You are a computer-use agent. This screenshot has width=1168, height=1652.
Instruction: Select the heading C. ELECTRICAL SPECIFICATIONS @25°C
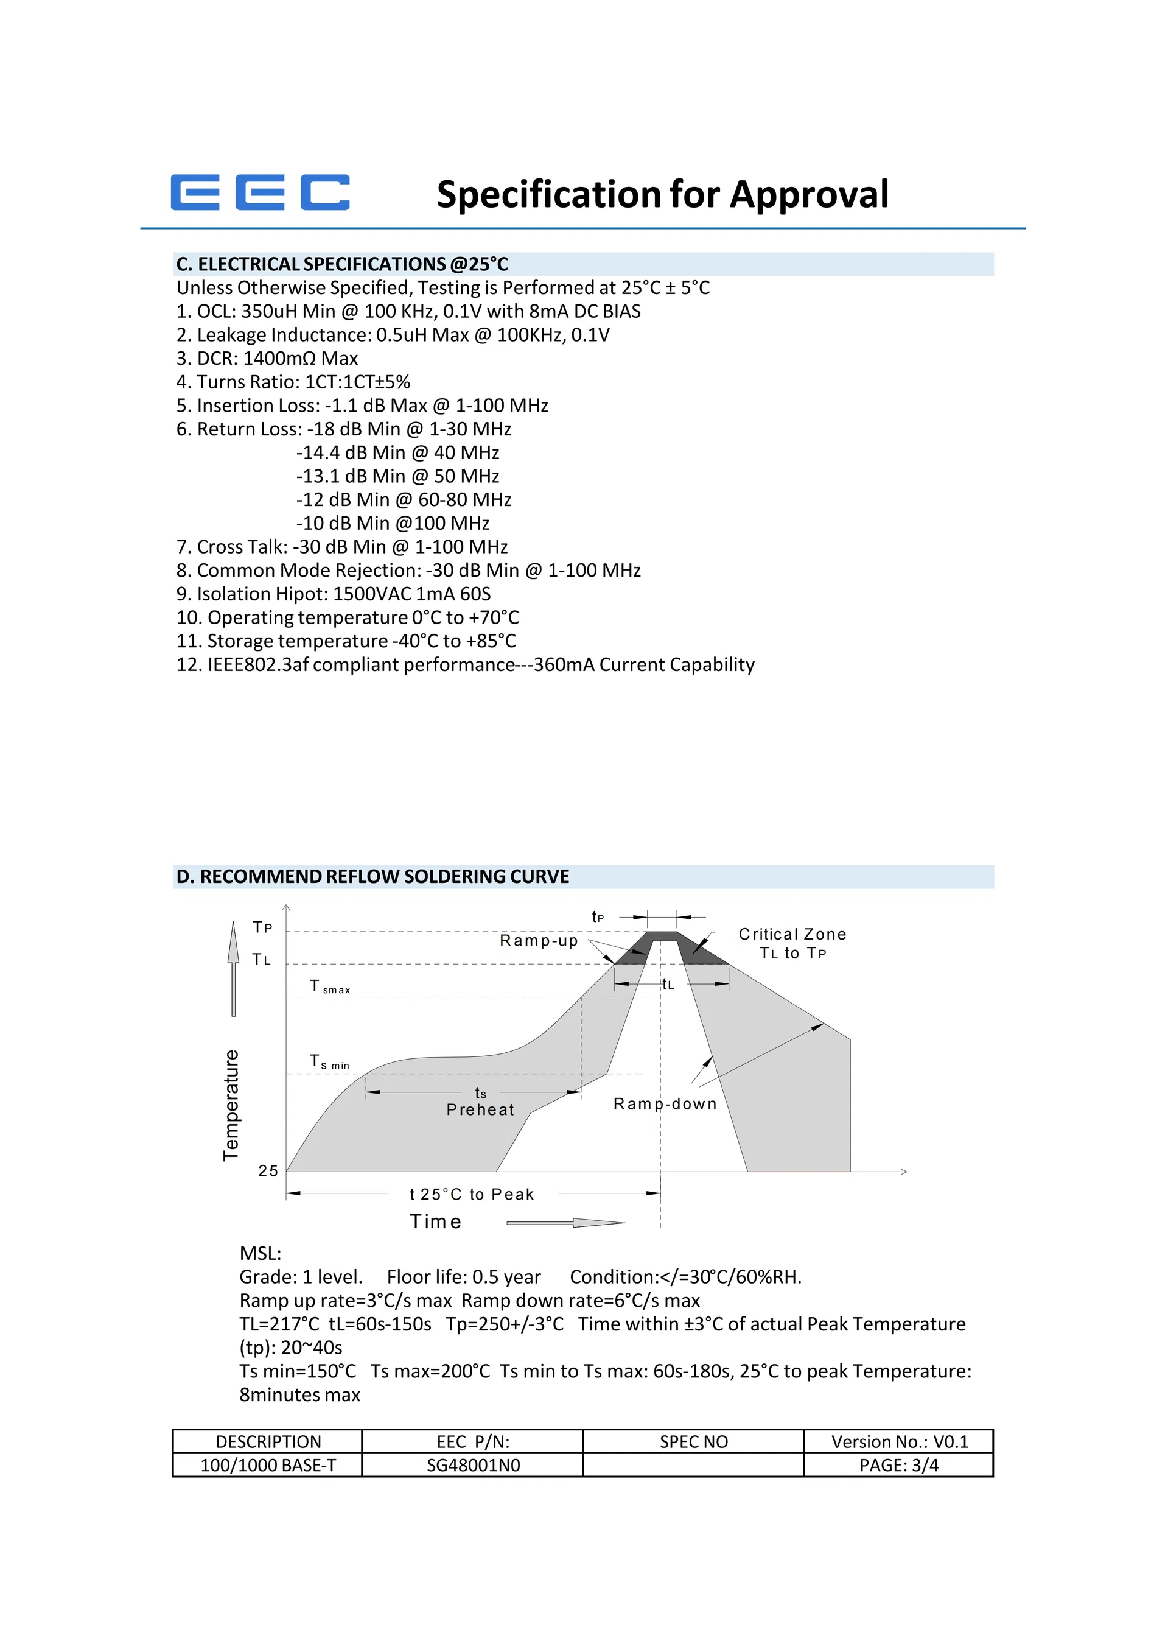coord(342,264)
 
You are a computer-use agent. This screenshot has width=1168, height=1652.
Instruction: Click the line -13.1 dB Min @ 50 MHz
coord(397,476)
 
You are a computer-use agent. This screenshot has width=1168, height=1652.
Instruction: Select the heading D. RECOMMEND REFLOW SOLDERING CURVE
coord(372,876)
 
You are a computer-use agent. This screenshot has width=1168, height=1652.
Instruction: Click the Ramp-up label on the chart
coord(539,940)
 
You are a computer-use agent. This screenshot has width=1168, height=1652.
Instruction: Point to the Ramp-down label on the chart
coord(665,1104)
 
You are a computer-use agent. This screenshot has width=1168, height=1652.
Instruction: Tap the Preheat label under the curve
coord(480,1109)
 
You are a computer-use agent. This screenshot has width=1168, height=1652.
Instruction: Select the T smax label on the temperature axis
coord(329,986)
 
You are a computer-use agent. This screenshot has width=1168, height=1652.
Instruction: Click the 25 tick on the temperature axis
coord(268,1170)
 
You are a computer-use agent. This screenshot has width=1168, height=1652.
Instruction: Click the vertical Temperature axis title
coord(231,1105)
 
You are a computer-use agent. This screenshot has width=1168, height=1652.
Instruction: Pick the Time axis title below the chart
coord(436,1221)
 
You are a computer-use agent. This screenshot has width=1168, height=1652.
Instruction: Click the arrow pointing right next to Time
coord(566,1223)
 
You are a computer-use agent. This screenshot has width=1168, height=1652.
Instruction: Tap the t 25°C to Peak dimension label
coord(472,1194)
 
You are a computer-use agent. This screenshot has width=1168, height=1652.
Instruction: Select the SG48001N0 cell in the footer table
coord(472,1465)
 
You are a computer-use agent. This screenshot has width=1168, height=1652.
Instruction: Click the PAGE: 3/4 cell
coord(898,1465)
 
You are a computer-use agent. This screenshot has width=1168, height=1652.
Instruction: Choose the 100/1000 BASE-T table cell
coord(268,1465)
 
